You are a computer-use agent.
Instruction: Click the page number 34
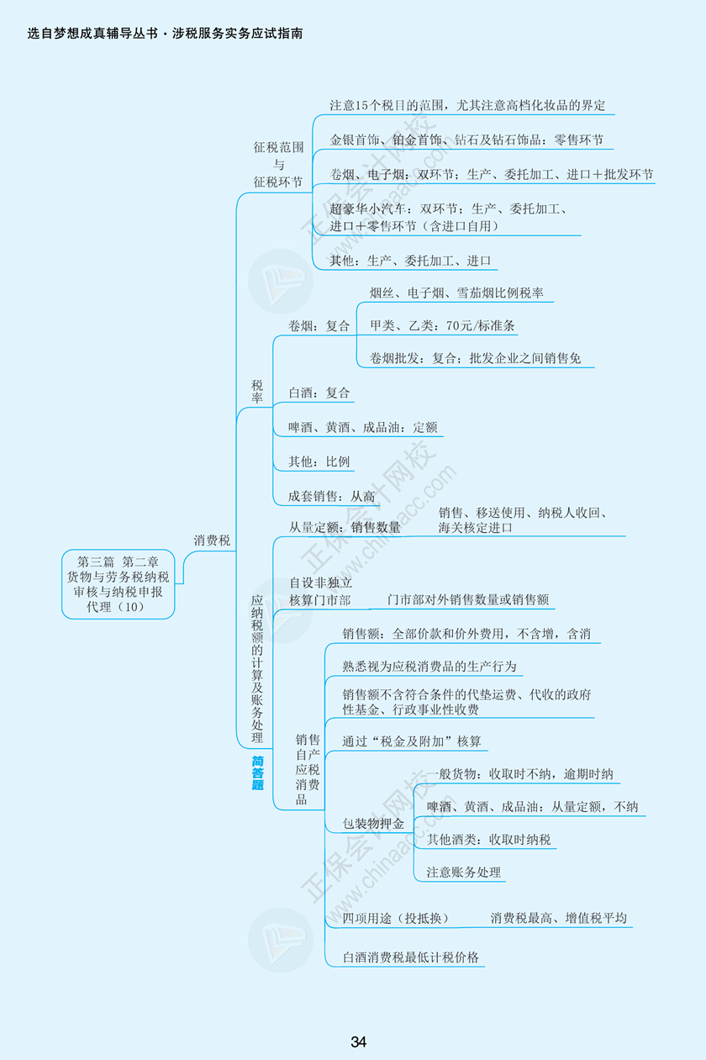[359, 1042]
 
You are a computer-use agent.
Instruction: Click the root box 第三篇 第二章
[118, 584]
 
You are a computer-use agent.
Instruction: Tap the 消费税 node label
[212, 541]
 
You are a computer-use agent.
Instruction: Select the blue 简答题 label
[257, 773]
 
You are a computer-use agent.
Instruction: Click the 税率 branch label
[257, 391]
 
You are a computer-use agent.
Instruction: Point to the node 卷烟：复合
[319, 326]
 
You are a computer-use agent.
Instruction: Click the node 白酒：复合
[319, 393]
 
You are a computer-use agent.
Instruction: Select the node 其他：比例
[319, 461]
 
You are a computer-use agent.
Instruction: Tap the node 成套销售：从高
[331, 496]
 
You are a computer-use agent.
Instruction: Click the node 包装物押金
[373, 823]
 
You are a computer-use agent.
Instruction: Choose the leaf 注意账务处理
[463, 872]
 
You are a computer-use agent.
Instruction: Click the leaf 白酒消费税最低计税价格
[411, 957]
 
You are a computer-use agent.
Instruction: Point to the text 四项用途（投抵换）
[395, 918]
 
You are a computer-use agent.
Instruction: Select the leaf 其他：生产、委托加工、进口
[410, 261]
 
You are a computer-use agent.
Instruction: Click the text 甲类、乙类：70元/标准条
[442, 325]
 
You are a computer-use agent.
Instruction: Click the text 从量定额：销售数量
[345, 527]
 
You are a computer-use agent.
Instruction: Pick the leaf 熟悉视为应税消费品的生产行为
[429, 667]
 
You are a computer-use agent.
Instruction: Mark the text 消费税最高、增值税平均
[558, 918]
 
